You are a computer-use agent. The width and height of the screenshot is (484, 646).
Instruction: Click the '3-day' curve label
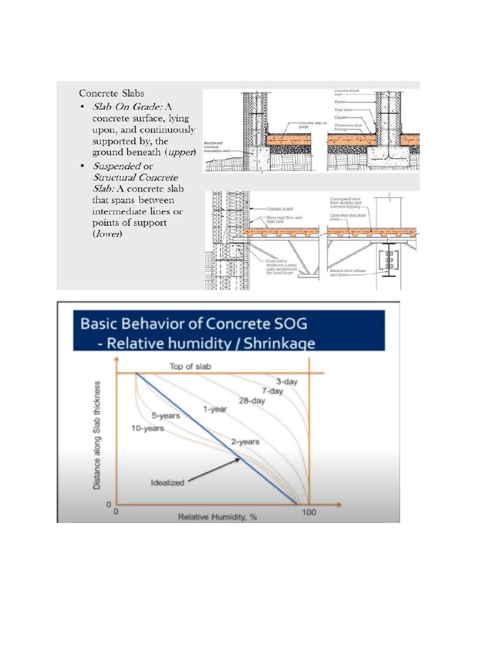click(286, 381)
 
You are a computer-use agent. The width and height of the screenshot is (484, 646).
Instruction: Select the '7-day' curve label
click(273, 391)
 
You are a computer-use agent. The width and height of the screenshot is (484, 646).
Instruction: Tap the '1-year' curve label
click(214, 409)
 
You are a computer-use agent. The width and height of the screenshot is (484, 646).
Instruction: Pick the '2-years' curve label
click(245, 442)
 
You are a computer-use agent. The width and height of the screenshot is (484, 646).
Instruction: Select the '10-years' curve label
click(147, 428)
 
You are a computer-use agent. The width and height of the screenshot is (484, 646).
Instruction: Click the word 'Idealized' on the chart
click(167, 483)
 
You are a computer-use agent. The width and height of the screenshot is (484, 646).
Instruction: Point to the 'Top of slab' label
click(188, 367)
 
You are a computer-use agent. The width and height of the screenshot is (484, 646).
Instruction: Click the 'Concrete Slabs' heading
click(112, 93)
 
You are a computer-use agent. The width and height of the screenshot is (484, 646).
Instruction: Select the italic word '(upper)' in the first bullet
click(180, 152)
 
